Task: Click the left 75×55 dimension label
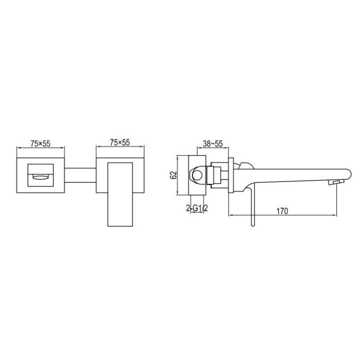click(x=40, y=143)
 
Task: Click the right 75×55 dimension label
click(x=120, y=142)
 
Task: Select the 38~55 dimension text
click(x=213, y=143)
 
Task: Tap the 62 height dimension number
click(x=173, y=175)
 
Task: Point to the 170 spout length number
click(x=282, y=211)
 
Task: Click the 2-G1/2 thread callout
click(x=197, y=208)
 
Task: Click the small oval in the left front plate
click(x=40, y=176)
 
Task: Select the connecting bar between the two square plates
click(x=80, y=175)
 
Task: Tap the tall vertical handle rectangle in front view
click(x=120, y=194)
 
